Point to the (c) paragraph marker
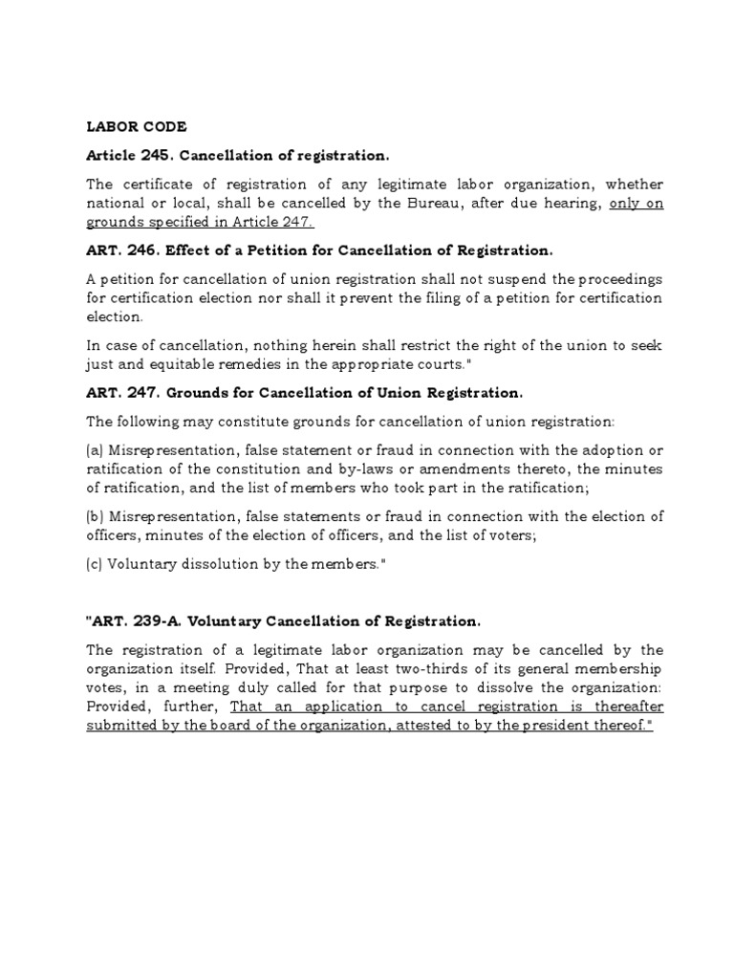[x=95, y=564]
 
